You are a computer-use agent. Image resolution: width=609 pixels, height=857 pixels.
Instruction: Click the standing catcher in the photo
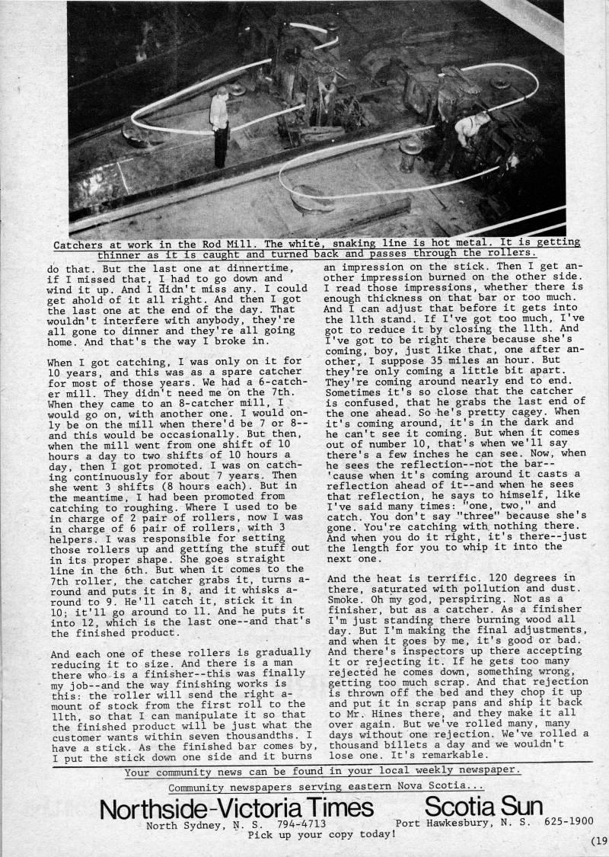[x=219, y=125]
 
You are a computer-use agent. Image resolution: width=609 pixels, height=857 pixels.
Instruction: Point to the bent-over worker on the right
[x=470, y=130]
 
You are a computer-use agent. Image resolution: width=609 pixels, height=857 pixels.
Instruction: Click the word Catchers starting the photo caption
[x=80, y=243]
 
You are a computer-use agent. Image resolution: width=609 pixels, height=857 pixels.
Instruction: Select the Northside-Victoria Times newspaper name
[x=237, y=807]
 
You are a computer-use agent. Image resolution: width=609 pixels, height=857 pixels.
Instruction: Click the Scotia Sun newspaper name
[x=483, y=807]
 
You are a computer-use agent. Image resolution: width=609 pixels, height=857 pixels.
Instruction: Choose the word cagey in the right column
[x=509, y=412]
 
